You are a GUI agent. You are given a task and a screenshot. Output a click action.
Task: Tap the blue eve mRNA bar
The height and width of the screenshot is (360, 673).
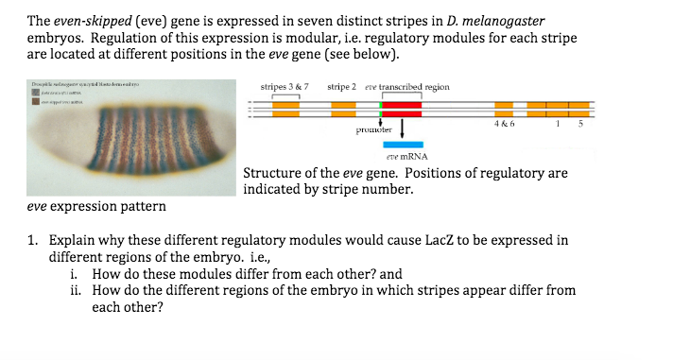click(403, 144)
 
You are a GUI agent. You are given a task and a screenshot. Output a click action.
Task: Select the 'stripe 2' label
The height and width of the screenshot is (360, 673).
click(341, 87)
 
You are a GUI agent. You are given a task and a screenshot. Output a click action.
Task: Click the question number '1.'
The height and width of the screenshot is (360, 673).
click(33, 241)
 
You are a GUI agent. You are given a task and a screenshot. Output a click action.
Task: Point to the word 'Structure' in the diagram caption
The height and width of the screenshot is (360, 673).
click(272, 174)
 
